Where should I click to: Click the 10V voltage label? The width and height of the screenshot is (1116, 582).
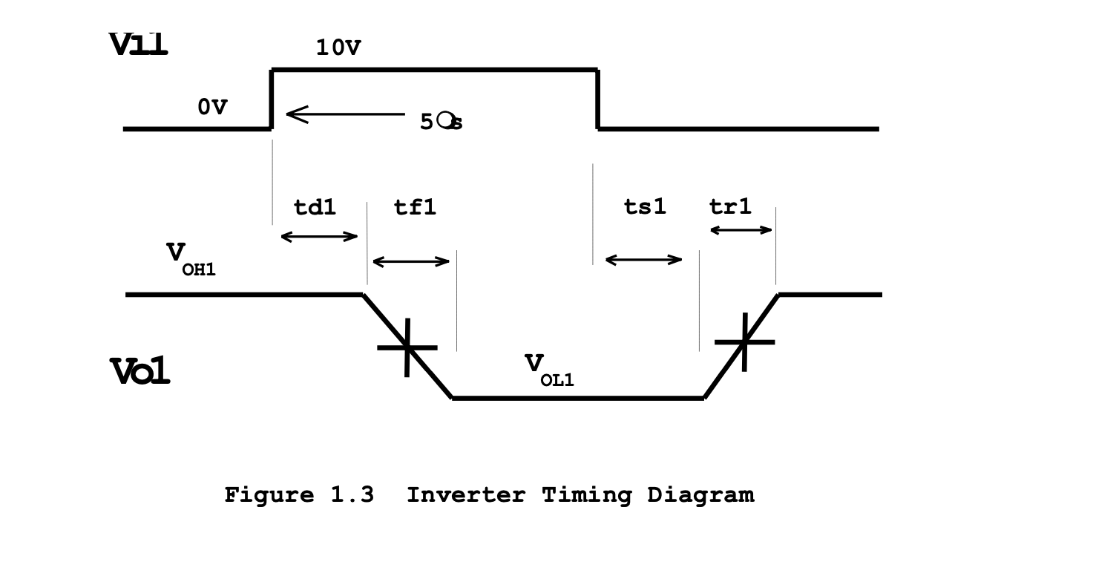(x=338, y=48)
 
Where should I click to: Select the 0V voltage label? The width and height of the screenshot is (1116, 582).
(x=212, y=107)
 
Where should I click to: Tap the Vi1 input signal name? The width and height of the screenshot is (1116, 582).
(x=139, y=45)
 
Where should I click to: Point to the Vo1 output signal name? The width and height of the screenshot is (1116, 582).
(x=140, y=371)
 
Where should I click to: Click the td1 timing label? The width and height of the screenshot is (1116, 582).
(x=315, y=207)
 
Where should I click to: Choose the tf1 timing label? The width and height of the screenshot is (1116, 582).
(x=415, y=207)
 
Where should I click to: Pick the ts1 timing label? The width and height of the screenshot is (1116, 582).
(x=645, y=207)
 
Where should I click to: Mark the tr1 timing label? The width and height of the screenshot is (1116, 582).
(x=730, y=207)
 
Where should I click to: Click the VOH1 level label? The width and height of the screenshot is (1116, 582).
(x=190, y=258)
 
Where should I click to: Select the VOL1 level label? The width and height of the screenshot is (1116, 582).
(x=549, y=370)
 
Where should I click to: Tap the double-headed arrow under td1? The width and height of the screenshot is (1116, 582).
(x=319, y=237)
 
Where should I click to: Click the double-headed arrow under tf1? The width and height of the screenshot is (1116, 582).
(x=411, y=261)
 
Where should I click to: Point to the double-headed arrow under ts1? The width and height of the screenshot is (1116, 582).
(x=643, y=260)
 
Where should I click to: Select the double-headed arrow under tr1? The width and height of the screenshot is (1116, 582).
(x=741, y=230)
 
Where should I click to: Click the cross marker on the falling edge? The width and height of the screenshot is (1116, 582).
(x=407, y=347)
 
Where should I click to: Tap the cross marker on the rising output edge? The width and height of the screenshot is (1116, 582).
(x=744, y=342)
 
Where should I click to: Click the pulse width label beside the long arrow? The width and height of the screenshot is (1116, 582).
(x=441, y=122)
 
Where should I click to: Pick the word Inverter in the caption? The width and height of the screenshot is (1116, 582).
(x=466, y=494)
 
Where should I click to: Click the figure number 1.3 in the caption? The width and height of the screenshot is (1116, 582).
(x=352, y=494)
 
